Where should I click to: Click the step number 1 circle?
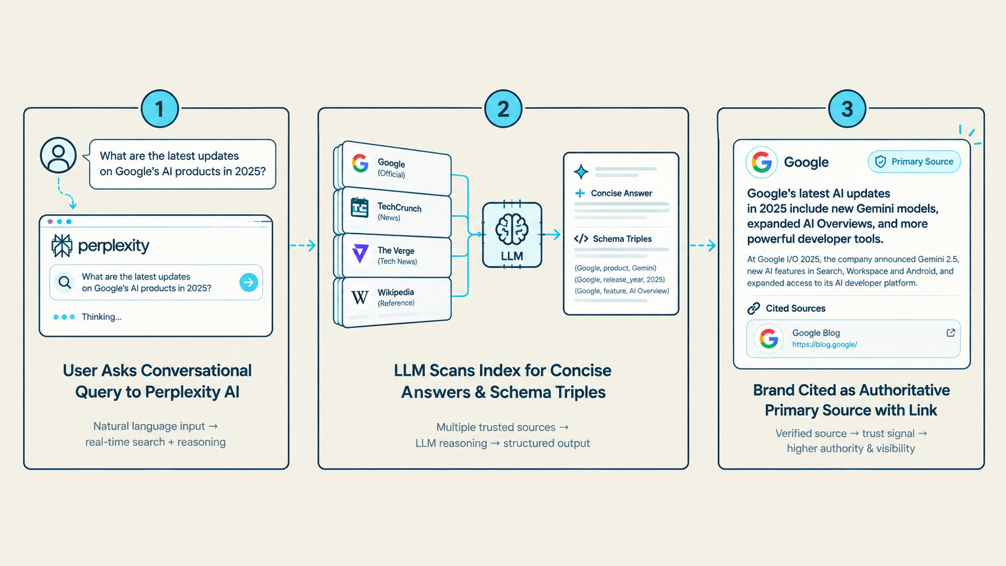click(x=159, y=109)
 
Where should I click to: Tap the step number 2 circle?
click(x=503, y=109)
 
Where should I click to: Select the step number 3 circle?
click(x=847, y=109)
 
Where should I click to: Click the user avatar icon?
click(x=58, y=155)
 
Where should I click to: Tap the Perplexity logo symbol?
click(x=61, y=245)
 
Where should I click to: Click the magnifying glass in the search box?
click(x=64, y=282)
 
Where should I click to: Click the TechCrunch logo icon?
click(x=359, y=208)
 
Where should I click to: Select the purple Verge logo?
click(x=360, y=254)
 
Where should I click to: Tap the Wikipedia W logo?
click(x=360, y=297)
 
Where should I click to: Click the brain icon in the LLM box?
click(x=512, y=229)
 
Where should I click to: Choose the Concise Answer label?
click(x=621, y=194)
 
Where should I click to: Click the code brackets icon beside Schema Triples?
click(x=581, y=239)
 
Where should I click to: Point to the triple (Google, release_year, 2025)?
click(x=619, y=280)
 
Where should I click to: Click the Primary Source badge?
click(x=915, y=162)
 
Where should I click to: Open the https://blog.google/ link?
click(x=824, y=345)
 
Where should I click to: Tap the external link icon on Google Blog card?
click(x=951, y=333)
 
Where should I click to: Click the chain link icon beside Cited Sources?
click(x=754, y=309)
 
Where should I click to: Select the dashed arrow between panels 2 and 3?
click(x=703, y=245)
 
